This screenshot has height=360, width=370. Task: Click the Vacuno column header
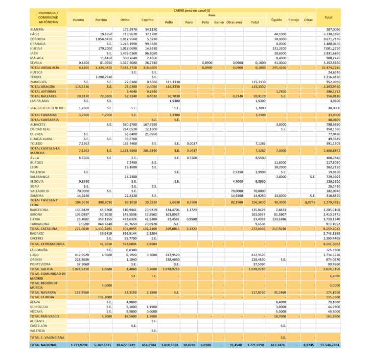78,20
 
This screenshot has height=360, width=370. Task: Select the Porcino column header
101,20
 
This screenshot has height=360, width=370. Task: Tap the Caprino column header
147,20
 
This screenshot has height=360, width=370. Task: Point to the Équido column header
277,20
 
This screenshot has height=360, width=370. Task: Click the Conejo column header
294,20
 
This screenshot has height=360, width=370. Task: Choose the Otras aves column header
235,23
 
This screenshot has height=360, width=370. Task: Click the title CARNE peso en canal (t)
191,10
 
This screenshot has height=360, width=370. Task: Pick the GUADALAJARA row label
42,139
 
